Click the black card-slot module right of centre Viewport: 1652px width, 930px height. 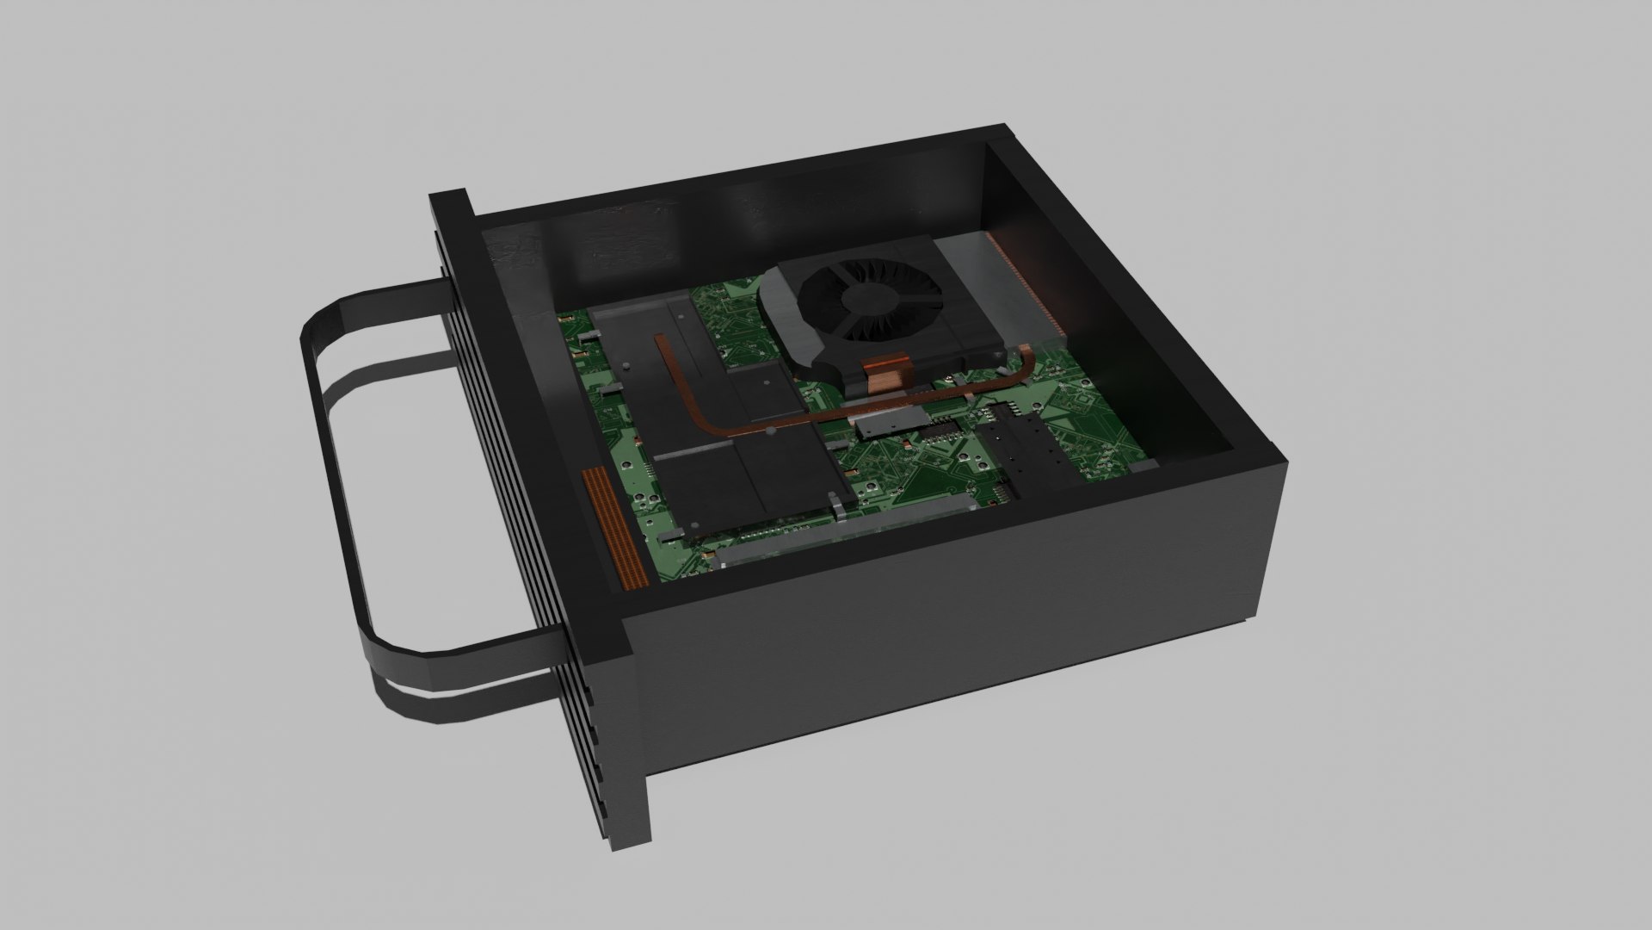1028,456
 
